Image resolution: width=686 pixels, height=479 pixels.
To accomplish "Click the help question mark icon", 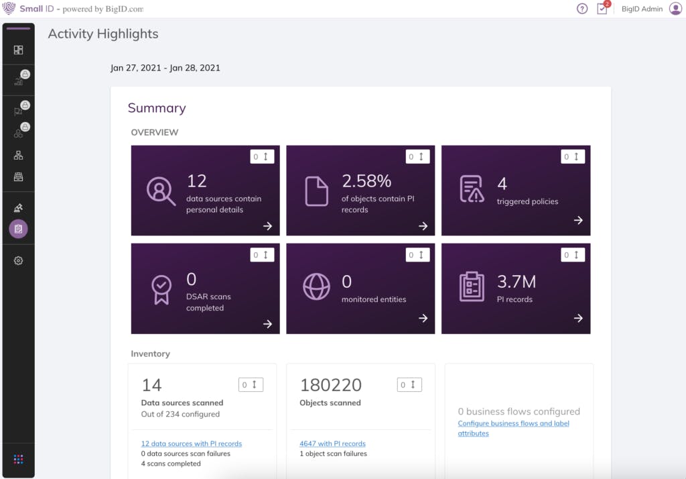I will click(582, 9).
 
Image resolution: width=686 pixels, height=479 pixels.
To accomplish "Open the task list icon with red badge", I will click(602, 9).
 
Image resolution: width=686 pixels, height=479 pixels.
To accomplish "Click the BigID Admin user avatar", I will click(675, 9).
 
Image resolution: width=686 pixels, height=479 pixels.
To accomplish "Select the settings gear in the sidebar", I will click(19, 260).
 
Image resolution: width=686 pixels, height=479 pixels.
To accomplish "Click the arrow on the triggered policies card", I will click(578, 221).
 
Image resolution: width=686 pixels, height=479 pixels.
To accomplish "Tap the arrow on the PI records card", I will click(578, 319).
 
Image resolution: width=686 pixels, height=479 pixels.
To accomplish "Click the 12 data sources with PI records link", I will click(192, 443).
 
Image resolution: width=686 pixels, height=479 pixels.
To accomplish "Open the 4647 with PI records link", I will click(332, 443).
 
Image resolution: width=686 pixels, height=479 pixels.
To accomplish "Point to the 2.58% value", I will click(366, 181).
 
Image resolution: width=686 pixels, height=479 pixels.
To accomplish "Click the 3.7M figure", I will click(517, 282).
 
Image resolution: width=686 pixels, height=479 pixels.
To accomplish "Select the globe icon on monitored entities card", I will click(316, 286).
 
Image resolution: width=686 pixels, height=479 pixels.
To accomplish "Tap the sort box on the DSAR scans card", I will click(262, 255).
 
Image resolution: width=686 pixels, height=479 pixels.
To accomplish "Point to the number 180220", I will click(331, 385).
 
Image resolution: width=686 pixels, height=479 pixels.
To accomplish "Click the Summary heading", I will click(157, 108).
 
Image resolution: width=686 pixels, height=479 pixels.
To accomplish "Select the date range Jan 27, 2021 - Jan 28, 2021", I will click(165, 68).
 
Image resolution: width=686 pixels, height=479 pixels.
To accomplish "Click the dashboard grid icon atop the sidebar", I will click(19, 50).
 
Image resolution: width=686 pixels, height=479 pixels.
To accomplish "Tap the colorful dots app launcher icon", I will click(19, 459).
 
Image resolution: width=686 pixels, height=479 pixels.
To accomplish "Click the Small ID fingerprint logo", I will click(9, 9).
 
